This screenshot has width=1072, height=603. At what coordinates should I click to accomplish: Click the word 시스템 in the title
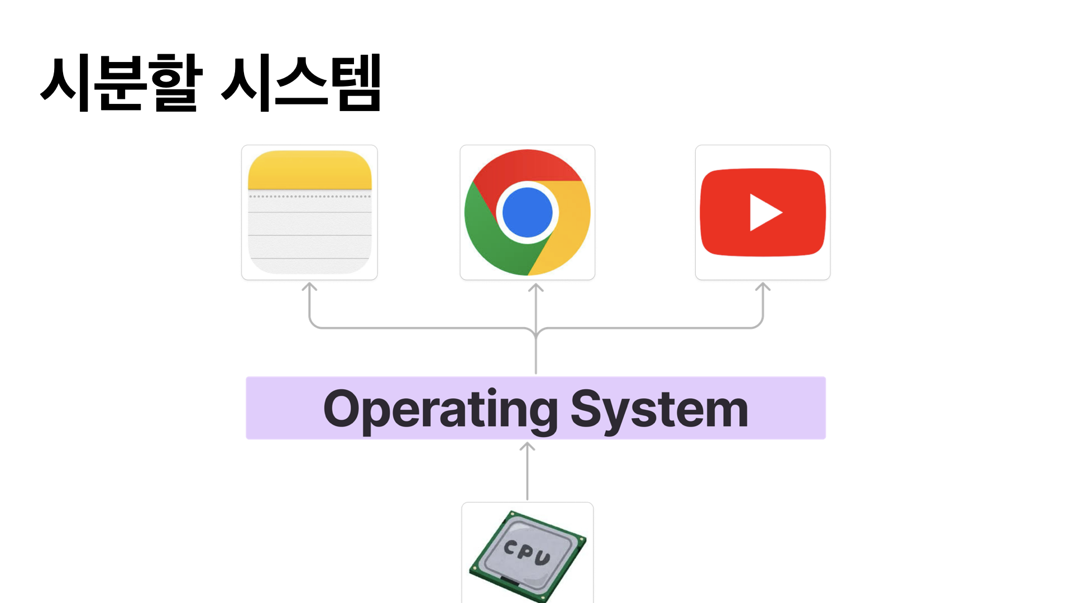[x=301, y=83]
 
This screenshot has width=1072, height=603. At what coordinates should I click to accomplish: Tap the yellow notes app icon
[x=309, y=212]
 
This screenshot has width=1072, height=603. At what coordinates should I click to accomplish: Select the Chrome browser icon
[x=527, y=212]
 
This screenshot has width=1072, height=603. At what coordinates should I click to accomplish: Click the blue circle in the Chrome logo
[x=527, y=212]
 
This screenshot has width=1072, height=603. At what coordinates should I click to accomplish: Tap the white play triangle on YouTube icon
[x=765, y=212]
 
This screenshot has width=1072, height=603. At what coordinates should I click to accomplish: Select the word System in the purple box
[x=659, y=409]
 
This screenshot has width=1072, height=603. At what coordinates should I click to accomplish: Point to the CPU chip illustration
[x=527, y=556]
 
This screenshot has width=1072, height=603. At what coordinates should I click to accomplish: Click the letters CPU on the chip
[x=527, y=552]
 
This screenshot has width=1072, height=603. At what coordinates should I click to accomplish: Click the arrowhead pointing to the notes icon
[x=309, y=286]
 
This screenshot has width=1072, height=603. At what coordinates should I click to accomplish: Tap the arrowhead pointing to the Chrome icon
[x=536, y=287]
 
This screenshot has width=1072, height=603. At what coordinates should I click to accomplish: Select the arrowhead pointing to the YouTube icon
[x=763, y=286]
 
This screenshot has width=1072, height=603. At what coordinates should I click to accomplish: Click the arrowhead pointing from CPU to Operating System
[x=527, y=446]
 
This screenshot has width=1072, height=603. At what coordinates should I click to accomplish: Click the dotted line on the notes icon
[x=309, y=197]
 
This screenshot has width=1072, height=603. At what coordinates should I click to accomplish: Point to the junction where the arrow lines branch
[x=536, y=333]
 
